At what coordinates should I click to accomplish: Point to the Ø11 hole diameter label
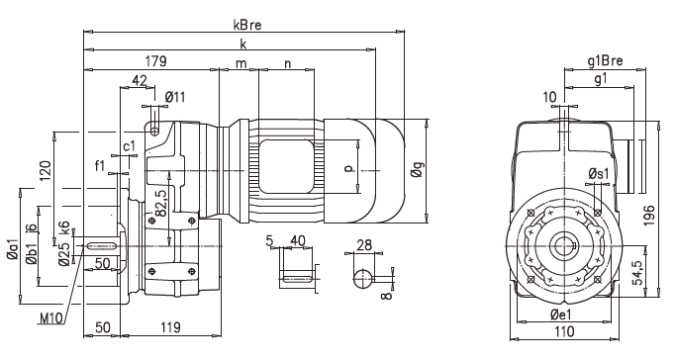175,96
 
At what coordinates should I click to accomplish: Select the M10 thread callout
50,318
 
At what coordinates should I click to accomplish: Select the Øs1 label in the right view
599,174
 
